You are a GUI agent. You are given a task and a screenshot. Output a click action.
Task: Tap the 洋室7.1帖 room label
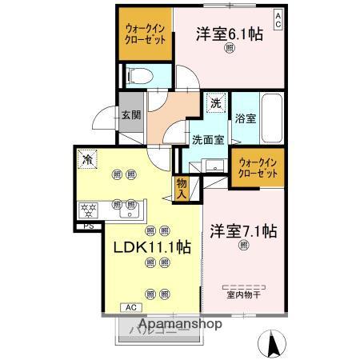point(243,231)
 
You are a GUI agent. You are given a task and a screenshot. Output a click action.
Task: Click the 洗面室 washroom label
point(207,138)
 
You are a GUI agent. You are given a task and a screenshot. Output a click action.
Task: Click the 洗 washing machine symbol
point(216,102)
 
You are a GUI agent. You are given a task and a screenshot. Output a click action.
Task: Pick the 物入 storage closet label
point(181,189)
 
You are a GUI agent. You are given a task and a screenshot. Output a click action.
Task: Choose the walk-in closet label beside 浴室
point(258,167)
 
